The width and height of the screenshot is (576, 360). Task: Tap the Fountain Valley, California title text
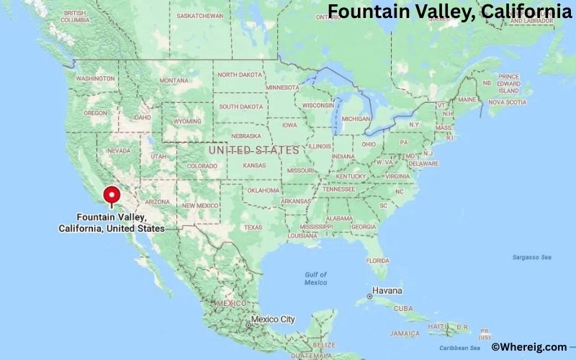pos(450,11)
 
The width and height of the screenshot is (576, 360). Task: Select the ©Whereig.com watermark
pos(528,347)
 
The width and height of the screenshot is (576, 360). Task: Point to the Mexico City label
pos(272,319)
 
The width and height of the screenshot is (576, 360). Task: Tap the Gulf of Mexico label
pos(315,279)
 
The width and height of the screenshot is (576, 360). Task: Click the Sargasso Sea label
pos(531,257)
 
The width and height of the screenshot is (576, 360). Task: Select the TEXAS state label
pos(253,228)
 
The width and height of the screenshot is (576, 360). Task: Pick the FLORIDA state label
pos(377,260)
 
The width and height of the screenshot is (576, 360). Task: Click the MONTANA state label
pos(174,81)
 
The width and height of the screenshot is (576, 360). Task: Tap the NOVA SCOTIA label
pos(506,102)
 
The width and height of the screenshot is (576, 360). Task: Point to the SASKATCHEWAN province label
pos(200,15)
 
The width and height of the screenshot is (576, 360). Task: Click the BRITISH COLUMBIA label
pos(76,17)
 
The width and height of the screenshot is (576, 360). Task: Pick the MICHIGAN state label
pos(356,119)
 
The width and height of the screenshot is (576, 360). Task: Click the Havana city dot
pos(369,296)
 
